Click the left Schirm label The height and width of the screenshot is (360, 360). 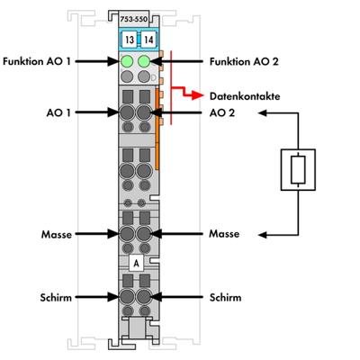coord(58,296)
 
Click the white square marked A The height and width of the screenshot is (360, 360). coord(135,264)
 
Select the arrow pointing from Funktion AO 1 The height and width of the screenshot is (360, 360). coord(101,63)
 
